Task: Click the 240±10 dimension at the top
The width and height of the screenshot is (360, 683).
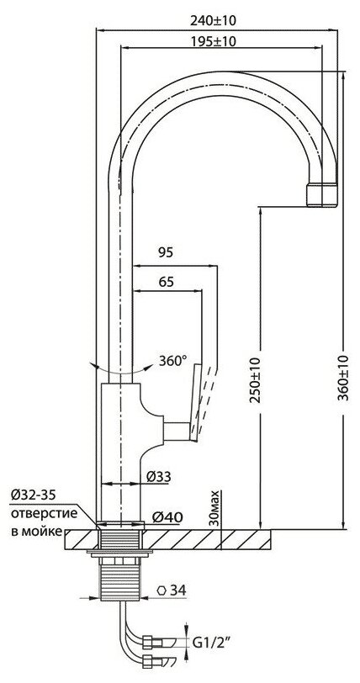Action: click(213, 20)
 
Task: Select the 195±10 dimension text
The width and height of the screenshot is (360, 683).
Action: click(213, 41)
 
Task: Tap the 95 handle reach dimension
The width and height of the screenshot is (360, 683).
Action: click(165, 252)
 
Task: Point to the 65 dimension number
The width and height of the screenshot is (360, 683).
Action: click(166, 282)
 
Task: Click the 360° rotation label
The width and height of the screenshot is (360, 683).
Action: click(172, 361)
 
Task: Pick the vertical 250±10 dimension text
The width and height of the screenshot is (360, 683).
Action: click(256, 380)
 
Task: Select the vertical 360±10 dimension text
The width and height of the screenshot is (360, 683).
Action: click(343, 379)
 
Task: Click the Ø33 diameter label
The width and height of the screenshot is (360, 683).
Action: click(159, 477)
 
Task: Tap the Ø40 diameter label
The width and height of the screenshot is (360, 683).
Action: click(167, 517)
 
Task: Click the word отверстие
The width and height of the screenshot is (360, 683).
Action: click(44, 513)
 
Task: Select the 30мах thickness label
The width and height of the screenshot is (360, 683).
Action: click(214, 508)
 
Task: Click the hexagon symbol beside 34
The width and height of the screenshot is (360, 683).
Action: click(162, 590)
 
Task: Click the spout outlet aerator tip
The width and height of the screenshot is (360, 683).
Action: click(321, 194)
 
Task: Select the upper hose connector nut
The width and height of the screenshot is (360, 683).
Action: click(148, 642)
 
